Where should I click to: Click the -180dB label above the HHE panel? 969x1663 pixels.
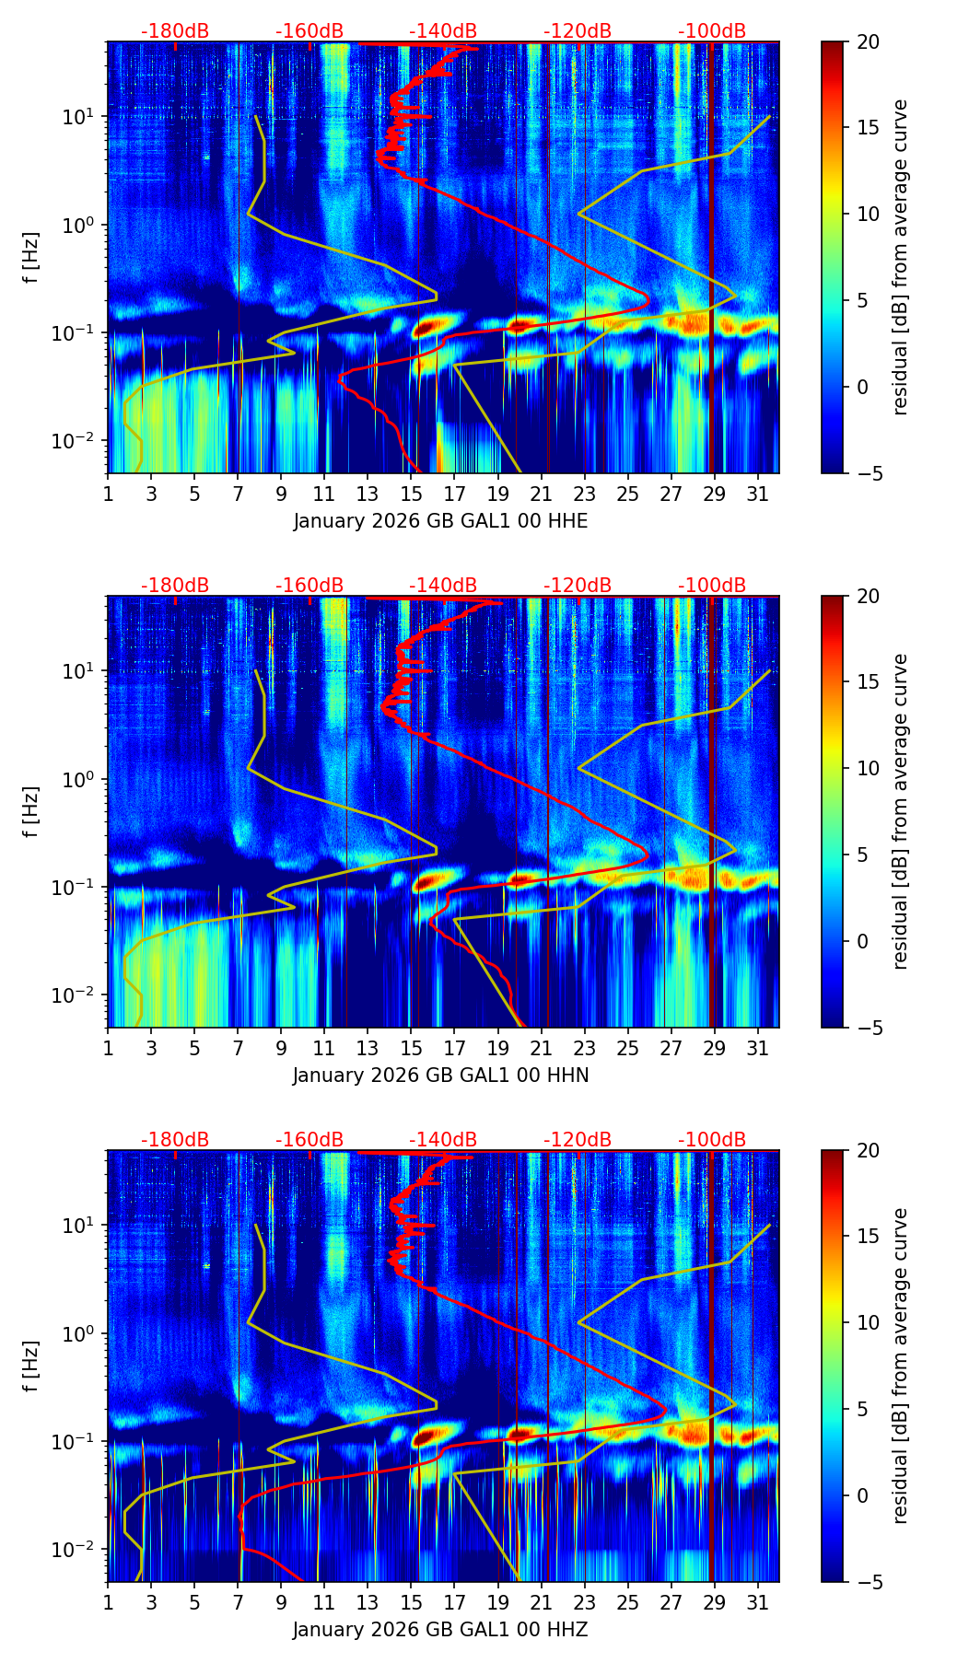[x=175, y=31]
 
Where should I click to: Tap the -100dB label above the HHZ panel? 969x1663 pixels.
[x=712, y=1140]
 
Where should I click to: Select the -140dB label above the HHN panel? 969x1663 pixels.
[x=443, y=586]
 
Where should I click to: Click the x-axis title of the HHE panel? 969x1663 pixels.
[x=440, y=521]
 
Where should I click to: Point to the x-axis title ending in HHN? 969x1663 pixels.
[x=440, y=1076]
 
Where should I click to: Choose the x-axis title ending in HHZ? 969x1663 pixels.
[x=440, y=1630]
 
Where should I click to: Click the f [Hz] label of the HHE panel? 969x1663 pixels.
[x=31, y=258]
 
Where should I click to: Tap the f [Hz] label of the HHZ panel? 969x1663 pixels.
[x=31, y=1366]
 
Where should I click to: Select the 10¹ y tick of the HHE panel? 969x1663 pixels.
[x=82, y=117]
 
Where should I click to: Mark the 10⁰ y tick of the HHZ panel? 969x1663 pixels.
[x=82, y=1334]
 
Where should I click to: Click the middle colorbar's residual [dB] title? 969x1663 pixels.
[x=900, y=811]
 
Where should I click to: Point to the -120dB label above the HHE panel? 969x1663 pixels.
[x=578, y=31]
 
